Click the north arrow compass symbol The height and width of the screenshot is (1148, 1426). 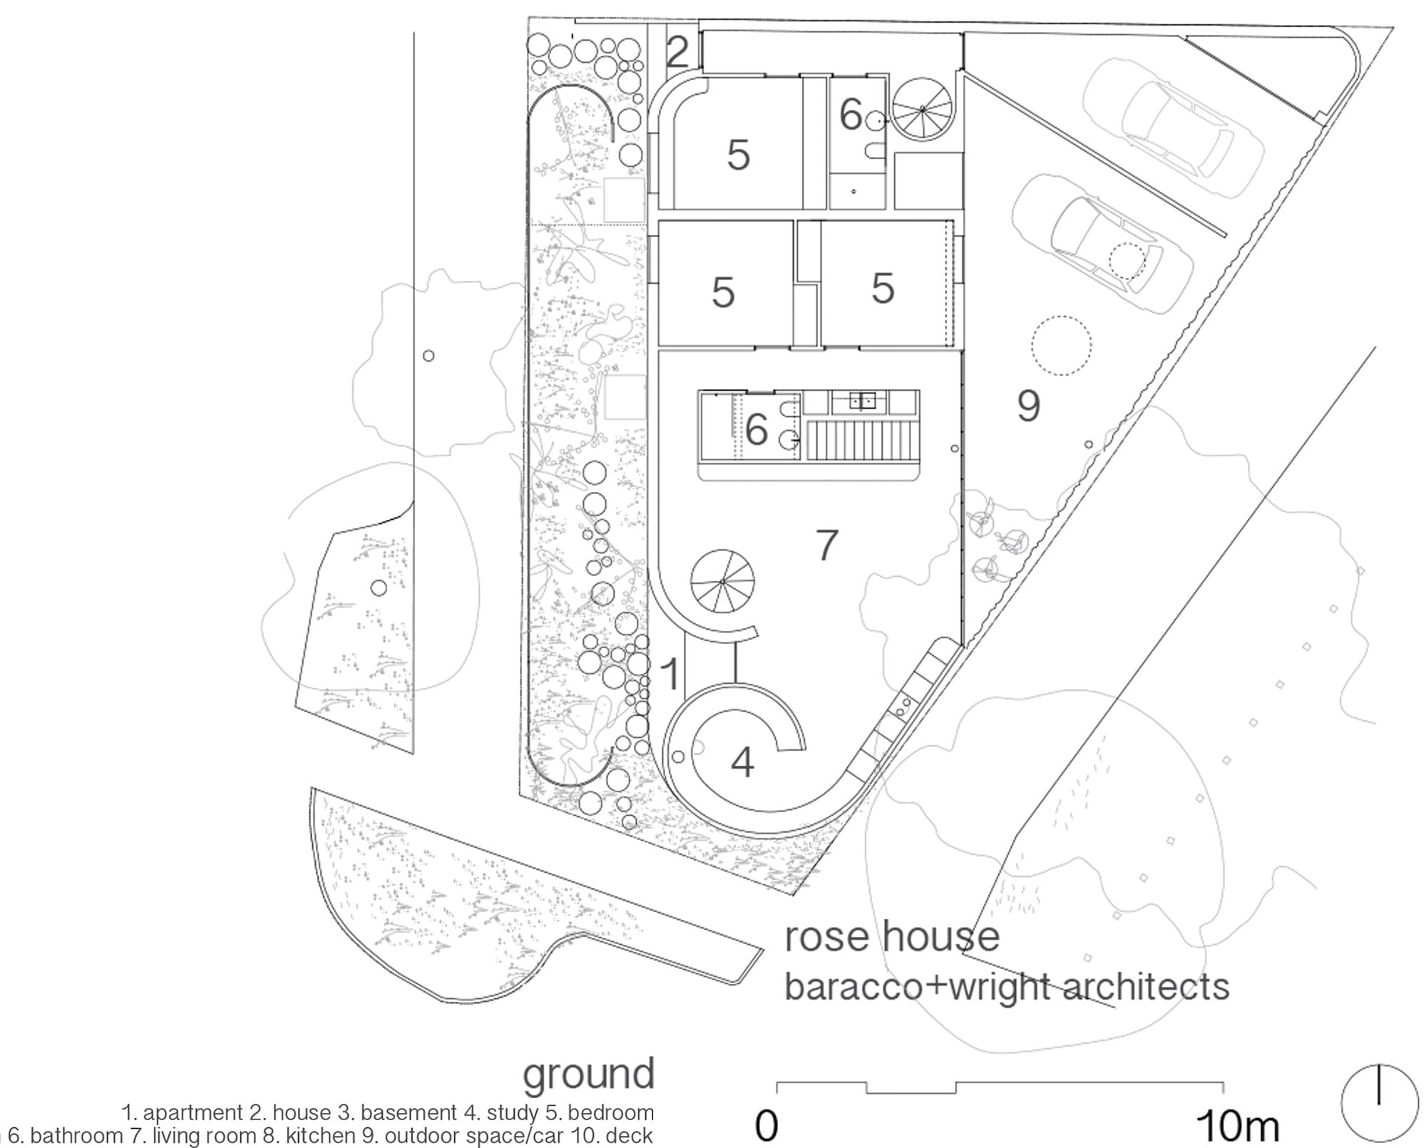[x=1379, y=1102]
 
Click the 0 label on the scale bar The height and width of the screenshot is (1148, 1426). [x=766, y=1127]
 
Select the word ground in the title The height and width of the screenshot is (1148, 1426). [x=588, y=1075]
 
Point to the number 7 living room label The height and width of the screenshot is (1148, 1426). [x=826, y=545]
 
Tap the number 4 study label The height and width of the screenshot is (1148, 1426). [x=742, y=762]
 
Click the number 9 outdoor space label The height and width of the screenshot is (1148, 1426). [x=1028, y=406]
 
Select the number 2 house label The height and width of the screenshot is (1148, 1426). [x=677, y=51]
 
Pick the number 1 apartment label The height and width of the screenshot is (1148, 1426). [x=670, y=674]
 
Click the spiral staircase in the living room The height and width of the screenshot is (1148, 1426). [x=722, y=582]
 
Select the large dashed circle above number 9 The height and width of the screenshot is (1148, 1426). [x=1061, y=345]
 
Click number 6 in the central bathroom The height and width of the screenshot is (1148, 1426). [x=756, y=429]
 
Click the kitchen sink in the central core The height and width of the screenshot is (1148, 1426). [x=862, y=401]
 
